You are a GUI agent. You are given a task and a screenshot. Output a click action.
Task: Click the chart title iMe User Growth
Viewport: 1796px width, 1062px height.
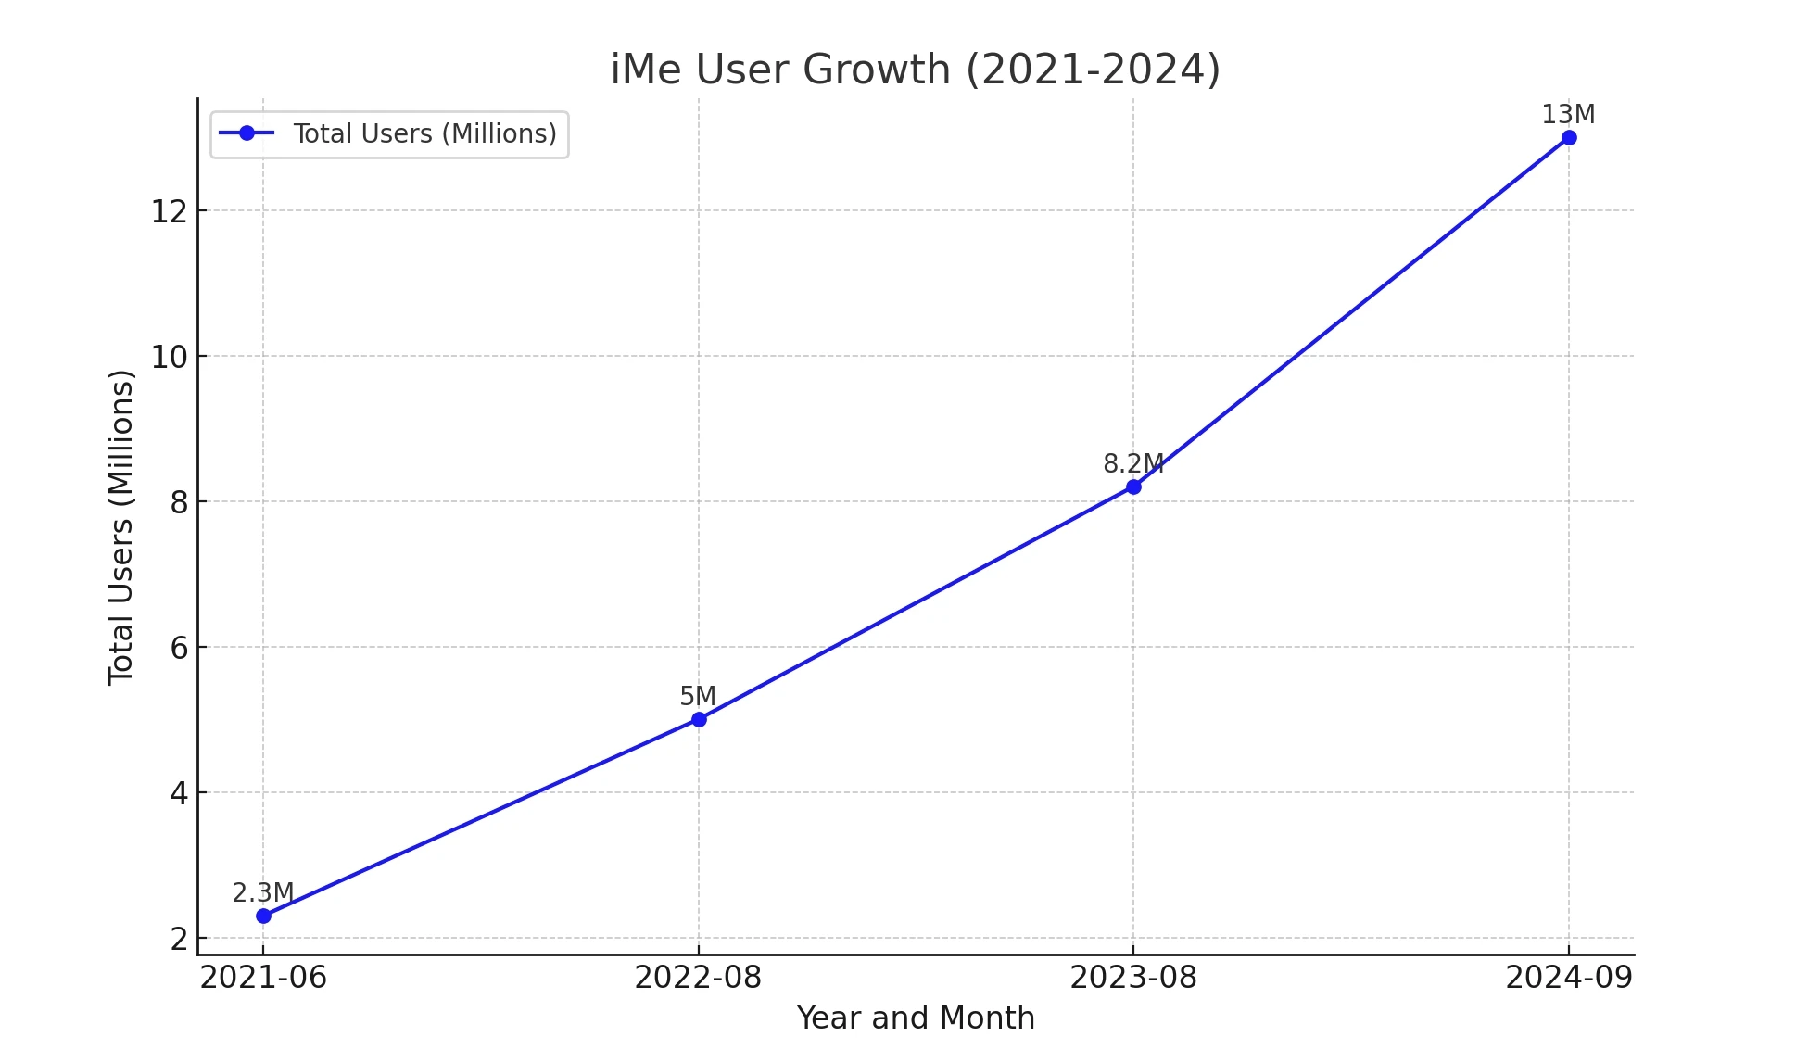pyautogui.click(x=915, y=70)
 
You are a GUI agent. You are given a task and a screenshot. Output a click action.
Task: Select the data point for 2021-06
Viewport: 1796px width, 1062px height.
pyautogui.click(x=263, y=916)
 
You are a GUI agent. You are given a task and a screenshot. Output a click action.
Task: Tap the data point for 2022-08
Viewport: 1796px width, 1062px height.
pyautogui.click(x=699, y=719)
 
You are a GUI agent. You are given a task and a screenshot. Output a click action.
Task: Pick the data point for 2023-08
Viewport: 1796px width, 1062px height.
pyautogui.click(x=1133, y=487)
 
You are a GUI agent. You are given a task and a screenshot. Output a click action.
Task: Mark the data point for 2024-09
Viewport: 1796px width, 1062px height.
pyautogui.click(x=1569, y=138)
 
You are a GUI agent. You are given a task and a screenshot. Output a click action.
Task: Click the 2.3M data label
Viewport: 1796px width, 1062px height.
pyautogui.click(x=262, y=892)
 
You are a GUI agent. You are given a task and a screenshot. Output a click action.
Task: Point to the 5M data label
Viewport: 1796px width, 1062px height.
pyautogui.click(x=698, y=696)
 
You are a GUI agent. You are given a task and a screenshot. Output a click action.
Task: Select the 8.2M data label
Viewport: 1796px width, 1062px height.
pyautogui.click(x=1132, y=463)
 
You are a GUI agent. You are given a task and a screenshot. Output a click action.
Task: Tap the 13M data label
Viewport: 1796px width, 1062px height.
pyautogui.click(x=1568, y=115)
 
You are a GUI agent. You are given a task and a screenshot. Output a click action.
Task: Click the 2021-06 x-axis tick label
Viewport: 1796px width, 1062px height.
pyautogui.click(x=263, y=978)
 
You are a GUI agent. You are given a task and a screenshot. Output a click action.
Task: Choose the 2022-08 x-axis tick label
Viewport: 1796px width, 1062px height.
pyautogui.click(x=698, y=978)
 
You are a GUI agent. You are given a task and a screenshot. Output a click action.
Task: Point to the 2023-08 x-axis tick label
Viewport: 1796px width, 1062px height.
pyautogui.click(x=1133, y=978)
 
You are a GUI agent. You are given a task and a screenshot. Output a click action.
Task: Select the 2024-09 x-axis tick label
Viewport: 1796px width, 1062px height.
pyautogui.click(x=1569, y=978)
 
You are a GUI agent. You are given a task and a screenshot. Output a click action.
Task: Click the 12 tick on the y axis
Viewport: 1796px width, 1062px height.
pyautogui.click(x=169, y=211)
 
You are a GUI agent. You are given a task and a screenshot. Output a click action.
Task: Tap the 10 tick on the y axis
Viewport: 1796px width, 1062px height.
pyautogui.click(x=169, y=357)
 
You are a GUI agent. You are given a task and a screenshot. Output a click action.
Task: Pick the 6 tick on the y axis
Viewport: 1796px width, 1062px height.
pyautogui.click(x=179, y=648)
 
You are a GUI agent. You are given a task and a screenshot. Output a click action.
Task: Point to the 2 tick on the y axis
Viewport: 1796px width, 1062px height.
pyautogui.click(x=179, y=939)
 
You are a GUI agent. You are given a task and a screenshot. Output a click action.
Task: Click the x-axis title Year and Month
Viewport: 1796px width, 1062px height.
pyautogui.click(x=916, y=1018)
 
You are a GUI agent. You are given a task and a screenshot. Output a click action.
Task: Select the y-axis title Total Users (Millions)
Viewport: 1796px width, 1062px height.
pyautogui.click(x=120, y=527)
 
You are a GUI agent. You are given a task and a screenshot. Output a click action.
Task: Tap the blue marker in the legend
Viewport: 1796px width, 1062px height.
pyautogui.click(x=247, y=133)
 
